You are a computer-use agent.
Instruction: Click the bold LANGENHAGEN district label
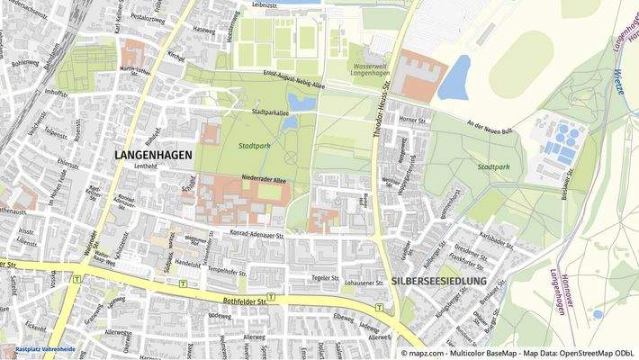click(153, 155)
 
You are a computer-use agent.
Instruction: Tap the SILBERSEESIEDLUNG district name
click(439, 282)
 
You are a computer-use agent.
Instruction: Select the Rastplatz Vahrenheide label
click(45, 347)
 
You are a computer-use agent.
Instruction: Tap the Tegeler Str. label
click(325, 277)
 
